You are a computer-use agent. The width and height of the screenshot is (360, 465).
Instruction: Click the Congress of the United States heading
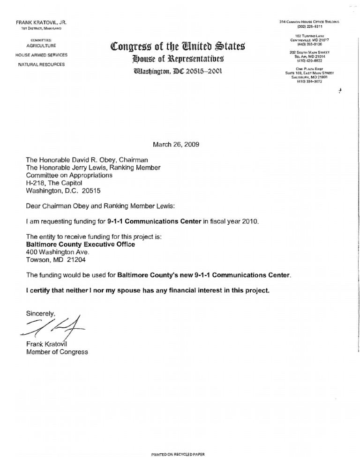176,47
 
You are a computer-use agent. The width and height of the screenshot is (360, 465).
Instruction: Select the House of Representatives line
177,59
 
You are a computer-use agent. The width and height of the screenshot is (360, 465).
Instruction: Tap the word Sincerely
41,312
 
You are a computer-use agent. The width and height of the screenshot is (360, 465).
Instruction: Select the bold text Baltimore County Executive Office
80,244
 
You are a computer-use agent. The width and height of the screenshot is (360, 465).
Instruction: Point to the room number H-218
35,183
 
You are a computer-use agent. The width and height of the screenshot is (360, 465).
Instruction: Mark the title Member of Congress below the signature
57,352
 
